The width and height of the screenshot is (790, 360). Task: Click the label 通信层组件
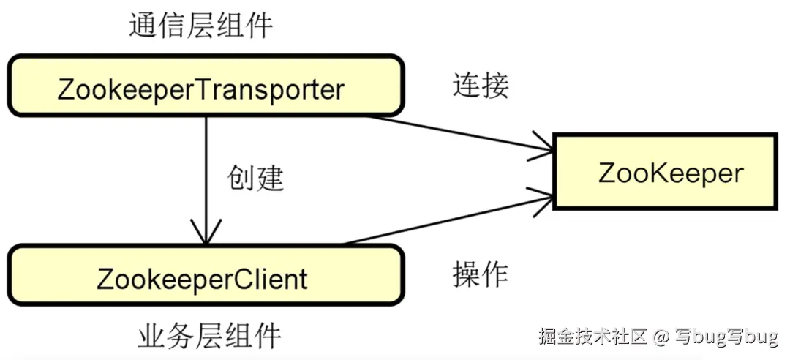pos(200,26)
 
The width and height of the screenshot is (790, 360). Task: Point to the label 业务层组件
pos(209,337)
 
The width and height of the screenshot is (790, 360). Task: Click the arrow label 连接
pos(480,86)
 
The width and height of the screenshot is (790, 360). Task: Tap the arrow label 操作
pos(480,274)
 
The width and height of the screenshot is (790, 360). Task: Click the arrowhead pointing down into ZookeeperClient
pos(206,233)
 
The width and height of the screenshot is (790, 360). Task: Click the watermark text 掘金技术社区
pos(593,337)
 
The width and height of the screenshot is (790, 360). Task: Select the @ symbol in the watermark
pos(661,337)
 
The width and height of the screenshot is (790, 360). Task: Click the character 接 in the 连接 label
pos(494,86)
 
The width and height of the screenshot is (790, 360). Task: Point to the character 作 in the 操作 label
pos(494,274)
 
